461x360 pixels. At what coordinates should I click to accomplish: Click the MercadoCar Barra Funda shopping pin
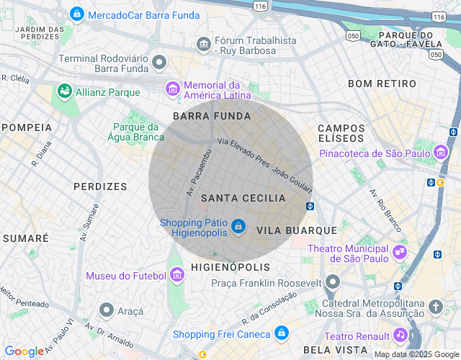point(76,14)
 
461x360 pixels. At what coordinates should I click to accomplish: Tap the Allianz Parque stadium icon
point(65,91)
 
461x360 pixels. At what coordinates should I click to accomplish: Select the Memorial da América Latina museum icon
point(173,89)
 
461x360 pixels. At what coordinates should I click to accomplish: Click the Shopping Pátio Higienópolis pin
point(239,228)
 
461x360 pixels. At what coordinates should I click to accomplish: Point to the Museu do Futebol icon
point(177,275)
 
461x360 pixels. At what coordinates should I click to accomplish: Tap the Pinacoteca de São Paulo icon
point(441,153)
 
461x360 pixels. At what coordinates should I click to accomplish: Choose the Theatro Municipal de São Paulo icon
point(399,253)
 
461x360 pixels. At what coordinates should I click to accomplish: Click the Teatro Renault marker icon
point(400,335)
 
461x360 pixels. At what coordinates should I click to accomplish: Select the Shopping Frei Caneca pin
point(282,333)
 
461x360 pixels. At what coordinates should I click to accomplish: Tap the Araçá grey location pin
point(107,310)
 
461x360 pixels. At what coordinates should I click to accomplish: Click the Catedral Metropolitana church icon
point(435,307)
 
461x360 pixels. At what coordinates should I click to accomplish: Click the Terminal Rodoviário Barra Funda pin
point(159,63)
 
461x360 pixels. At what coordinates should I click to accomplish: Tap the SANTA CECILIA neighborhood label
point(243,198)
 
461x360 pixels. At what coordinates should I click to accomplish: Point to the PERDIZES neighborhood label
point(100,186)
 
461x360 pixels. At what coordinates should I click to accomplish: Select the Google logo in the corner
point(24,351)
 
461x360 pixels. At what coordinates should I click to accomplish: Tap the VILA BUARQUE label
point(297,230)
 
